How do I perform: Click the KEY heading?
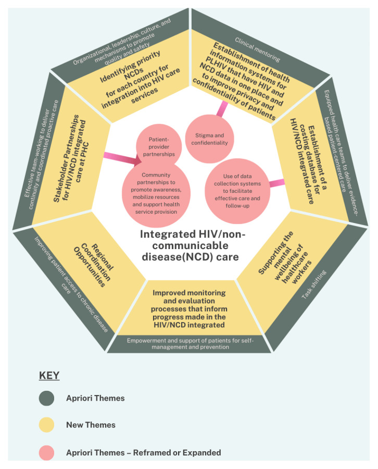coord(49,376)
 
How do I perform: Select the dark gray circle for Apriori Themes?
coord(46,399)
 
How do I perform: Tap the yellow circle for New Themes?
coord(46,425)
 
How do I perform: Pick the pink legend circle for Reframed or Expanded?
coord(46,452)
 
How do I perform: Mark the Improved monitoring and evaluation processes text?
coord(190,309)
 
